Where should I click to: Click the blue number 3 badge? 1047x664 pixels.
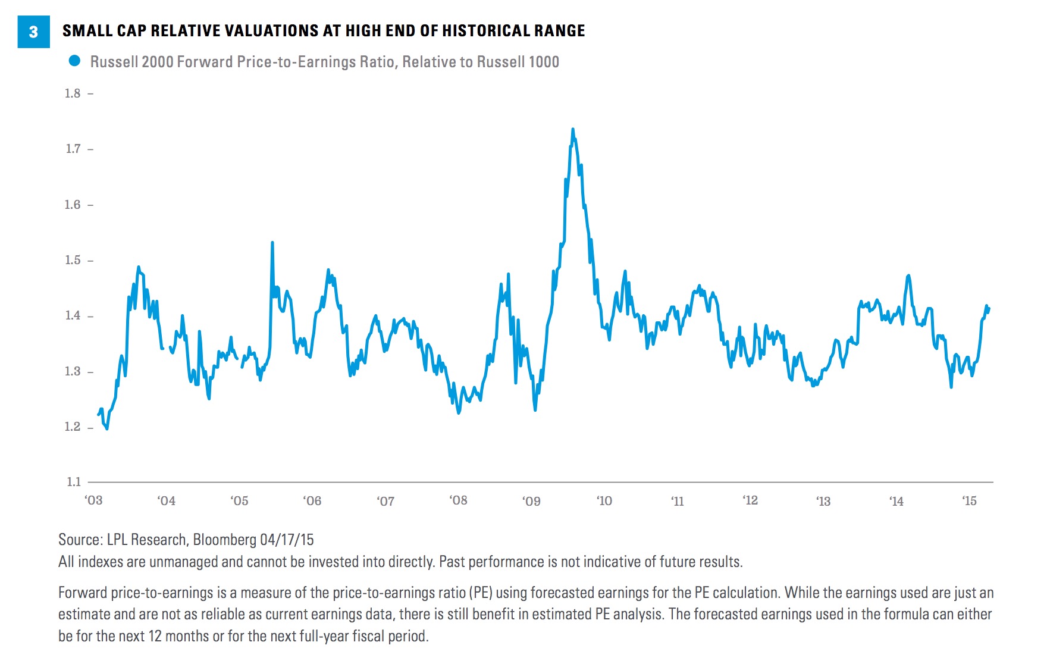click(33, 32)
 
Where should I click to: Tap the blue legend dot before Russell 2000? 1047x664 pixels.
click(74, 61)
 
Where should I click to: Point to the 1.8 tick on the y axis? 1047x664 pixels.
click(73, 93)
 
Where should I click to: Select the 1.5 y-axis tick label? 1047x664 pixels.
click(73, 261)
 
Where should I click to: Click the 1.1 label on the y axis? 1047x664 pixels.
click(73, 482)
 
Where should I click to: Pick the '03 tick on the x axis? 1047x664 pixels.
click(94, 500)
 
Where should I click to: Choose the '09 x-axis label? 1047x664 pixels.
click(531, 501)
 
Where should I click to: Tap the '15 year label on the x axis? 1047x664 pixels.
click(969, 501)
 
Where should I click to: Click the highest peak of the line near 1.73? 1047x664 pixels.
click(572, 129)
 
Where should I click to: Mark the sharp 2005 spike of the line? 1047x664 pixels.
click(272, 243)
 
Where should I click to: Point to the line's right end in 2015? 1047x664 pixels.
click(989, 308)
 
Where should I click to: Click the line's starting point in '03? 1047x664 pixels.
click(99, 415)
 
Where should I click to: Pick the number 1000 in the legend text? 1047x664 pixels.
click(544, 62)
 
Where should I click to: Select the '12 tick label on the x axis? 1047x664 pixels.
click(750, 500)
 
